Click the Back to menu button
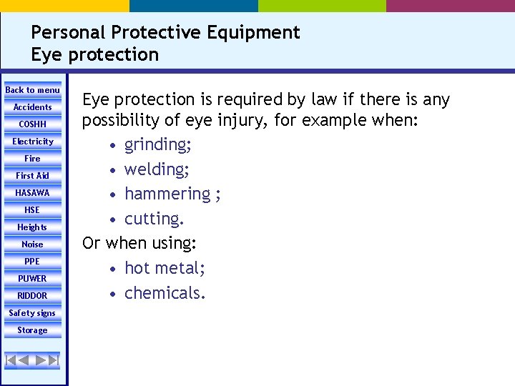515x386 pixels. (x=33, y=90)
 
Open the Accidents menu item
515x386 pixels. (x=33, y=107)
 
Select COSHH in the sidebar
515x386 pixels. (x=33, y=124)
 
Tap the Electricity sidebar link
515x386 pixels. (x=33, y=142)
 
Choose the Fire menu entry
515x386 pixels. (x=33, y=159)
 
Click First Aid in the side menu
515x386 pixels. (x=33, y=176)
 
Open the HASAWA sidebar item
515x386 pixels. (x=33, y=193)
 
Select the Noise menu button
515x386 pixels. (x=33, y=244)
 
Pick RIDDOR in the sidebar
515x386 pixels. (x=33, y=296)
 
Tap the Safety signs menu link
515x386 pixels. (x=33, y=313)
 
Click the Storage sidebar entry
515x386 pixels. (x=33, y=330)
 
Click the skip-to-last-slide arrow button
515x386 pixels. (x=54, y=360)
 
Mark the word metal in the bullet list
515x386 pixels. (x=181, y=268)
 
